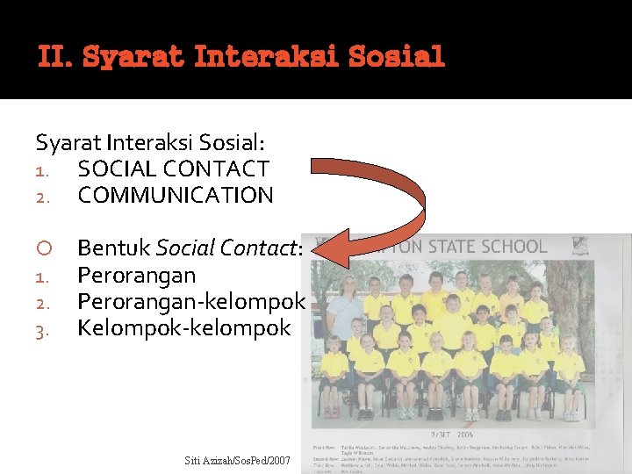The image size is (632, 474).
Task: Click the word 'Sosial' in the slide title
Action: pyautogui.click(x=398, y=58)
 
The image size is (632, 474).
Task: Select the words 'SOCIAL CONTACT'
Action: pyautogui.click(x=173, y=168)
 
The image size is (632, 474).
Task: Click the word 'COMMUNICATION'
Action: pyautogui.click(x=176, y=195)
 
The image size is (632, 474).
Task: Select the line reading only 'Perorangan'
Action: pyautogui.click(x=136, y=276)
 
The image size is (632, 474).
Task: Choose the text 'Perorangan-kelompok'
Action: pyautogui.click(x=191, y=302)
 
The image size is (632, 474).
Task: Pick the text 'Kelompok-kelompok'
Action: pyautogui.click(x=183, y=328)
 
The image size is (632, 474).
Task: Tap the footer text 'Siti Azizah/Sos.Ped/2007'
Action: pyautogui.click(x=238, y=460)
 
